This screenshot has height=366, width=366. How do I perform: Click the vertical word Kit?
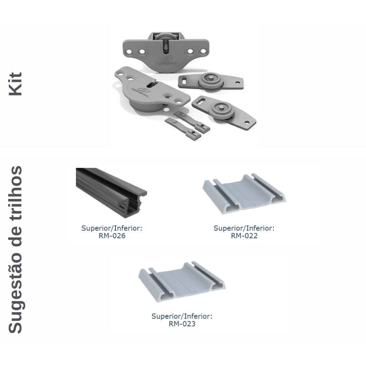[x=15, y=84]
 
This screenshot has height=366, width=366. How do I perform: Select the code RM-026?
[x=112, y=236]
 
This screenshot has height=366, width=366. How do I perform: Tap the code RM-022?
[x=244, y=236]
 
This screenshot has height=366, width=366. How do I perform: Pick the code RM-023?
[x=182, y=324]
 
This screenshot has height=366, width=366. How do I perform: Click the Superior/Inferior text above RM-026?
[x=112, y=228]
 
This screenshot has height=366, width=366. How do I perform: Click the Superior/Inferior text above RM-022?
[x=244, y=228]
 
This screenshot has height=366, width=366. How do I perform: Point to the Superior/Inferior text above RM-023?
[x=182, y=316]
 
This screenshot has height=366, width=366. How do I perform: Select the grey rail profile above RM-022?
[x=244, y=194]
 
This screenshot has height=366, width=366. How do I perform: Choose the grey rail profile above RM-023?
[x=182, y=282]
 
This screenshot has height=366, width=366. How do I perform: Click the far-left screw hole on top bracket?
[x=129, y=52]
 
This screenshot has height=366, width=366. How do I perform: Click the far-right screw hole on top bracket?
[x=203, y=51]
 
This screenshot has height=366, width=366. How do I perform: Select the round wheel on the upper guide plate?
[x=209, y=79]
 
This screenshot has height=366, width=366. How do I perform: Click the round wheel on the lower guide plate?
[x=221, y=109]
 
